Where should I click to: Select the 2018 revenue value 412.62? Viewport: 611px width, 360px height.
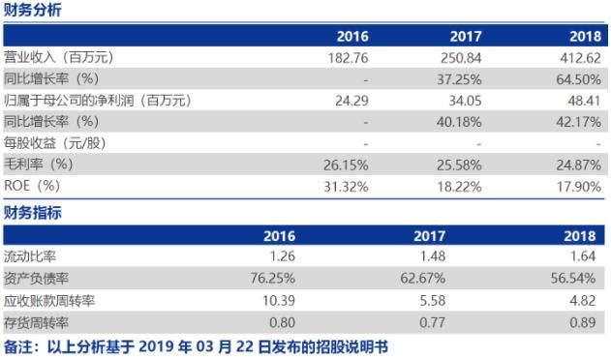tap(580, 58)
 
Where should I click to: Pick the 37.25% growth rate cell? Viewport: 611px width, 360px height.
tap(460, 78)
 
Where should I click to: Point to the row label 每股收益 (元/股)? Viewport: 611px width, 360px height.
tap(55, 142)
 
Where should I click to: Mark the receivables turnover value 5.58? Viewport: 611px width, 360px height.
tap(469, 300)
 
